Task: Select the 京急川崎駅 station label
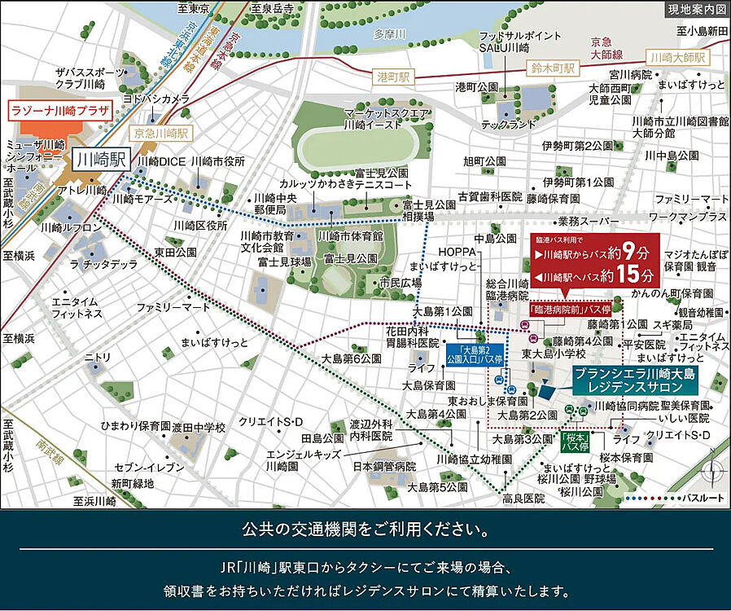coord(162,132)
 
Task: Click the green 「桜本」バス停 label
coord(576,443)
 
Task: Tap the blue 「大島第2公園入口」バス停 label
coord(477,354)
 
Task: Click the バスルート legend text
coord(702,497)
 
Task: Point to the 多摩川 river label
coord(389,35)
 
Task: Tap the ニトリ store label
coord(98,357)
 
